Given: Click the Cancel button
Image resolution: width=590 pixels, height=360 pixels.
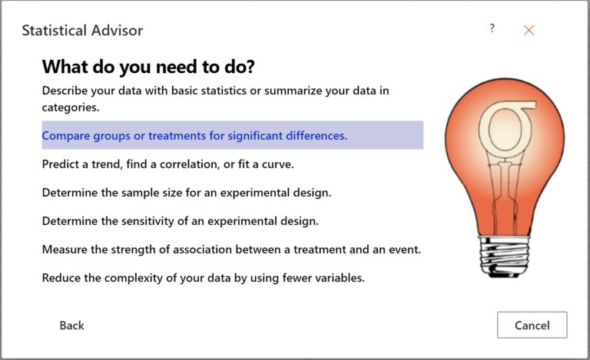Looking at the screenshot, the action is pos(532,325).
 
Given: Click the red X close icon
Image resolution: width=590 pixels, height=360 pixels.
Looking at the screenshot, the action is pos(529,30).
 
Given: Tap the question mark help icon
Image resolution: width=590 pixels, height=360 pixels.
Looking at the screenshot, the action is pos(492,28).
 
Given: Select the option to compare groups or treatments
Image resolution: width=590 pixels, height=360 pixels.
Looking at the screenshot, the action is pos(194,135).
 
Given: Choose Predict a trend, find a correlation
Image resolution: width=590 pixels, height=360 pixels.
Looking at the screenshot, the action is pos(167,164).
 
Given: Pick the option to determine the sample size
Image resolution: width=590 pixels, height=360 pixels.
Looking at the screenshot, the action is pos(187,193).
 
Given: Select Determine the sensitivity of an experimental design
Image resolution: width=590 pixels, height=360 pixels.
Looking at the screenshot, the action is pos(181,221).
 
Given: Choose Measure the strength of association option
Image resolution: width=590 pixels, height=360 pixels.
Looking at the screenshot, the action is pos(231,249).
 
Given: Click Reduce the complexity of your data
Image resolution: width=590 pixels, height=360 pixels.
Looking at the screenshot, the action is pos(203,278).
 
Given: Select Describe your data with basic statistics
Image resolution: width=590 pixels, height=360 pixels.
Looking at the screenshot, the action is pos(215,99).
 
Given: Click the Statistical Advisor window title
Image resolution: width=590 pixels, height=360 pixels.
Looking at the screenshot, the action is pos(82,31).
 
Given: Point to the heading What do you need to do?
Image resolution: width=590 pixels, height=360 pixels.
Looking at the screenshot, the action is pos(148,67).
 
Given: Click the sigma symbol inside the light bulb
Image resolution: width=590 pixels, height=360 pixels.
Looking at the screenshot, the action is pos(507,128).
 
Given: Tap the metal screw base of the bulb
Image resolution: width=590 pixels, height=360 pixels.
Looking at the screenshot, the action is pos(503,256).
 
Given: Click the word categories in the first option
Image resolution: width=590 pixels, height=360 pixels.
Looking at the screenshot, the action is pos(71,107).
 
